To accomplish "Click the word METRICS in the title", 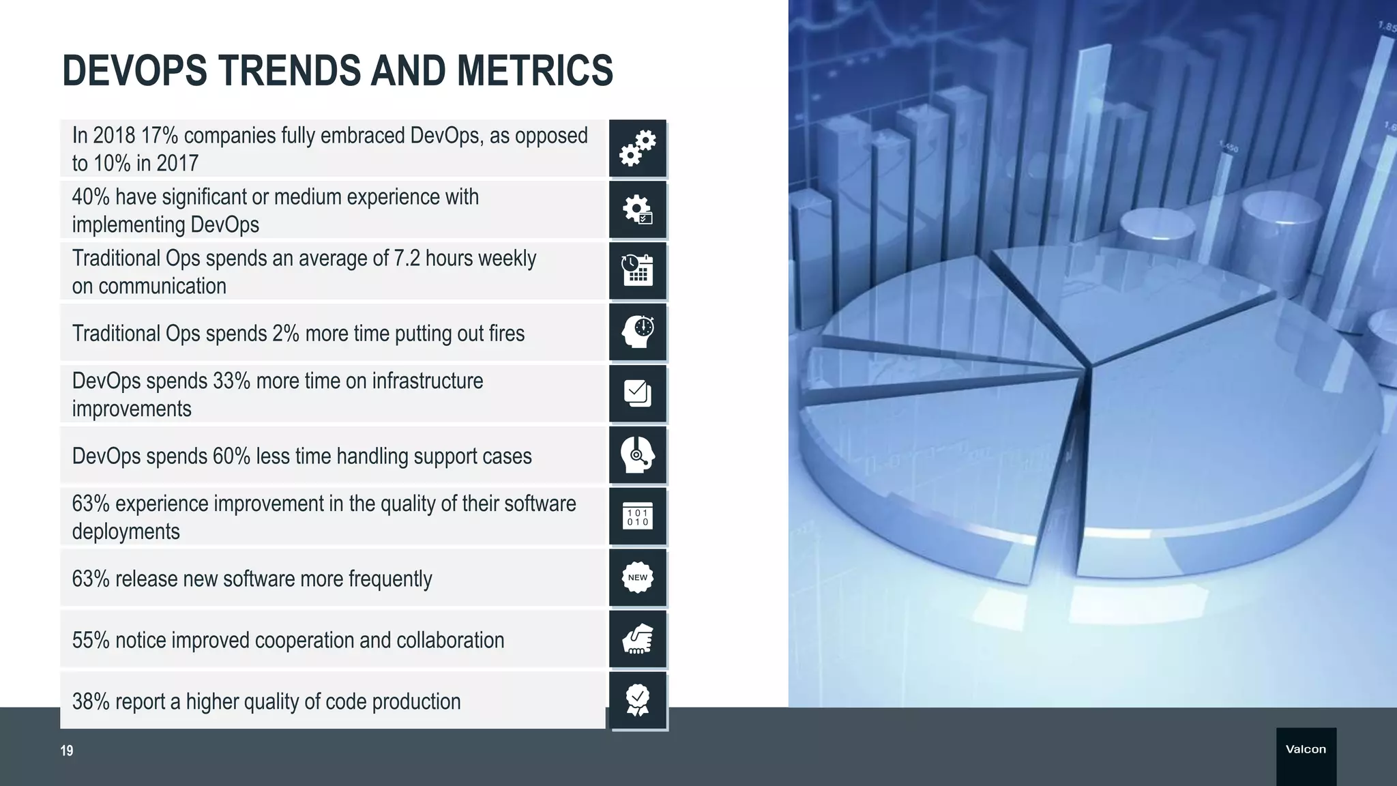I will [535, 71].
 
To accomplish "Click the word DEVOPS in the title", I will [134, 71].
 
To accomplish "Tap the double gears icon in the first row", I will [638, 149].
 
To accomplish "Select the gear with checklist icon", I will [638, 209].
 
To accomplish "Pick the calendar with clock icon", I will [638, 271].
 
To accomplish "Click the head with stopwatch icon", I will [638, 332].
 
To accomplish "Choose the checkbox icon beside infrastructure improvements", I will [638, 394].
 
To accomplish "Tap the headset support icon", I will [638, 455].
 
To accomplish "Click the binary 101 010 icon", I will [638, 517].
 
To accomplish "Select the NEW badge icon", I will [638, 578].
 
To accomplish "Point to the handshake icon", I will [638, 639].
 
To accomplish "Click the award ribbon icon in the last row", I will [638, 701].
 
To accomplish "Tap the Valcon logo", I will [1306, 749].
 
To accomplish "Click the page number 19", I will [67, 751].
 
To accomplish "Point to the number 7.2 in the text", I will [407, 259].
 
